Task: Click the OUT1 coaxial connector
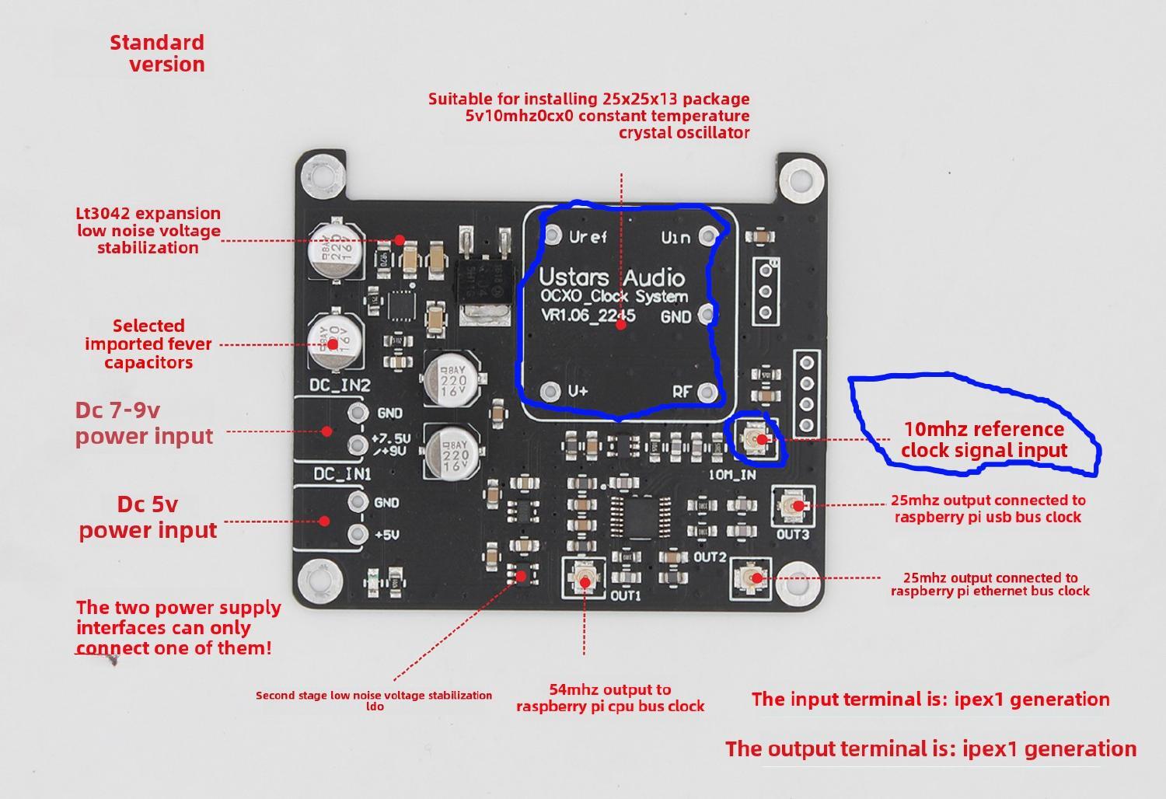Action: pyautogui.click(x=584, y=578)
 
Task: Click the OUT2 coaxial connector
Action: pyautogui.click(x=751, y=578)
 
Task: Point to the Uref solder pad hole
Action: pyautogui.click(x=553, y=234)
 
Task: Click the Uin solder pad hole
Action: pyautogui.click(x=707, y=235)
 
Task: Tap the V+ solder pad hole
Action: pyautogui.click(x=551, y=390)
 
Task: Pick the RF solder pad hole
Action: pyautogui.click(x=707, y=390)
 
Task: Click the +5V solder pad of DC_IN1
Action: pyautogui.click(x=358, y=533)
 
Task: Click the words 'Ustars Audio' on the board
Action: pyautogui.click(x=612, y=277)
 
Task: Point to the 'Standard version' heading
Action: pyautogui.click(x=158, y=53)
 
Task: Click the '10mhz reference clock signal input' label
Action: pyautogui.click(x=983, y=440)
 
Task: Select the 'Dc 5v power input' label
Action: pyautogui.click(x=148, y=517)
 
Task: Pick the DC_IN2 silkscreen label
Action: pyautogui.click(x=340, y=386)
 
